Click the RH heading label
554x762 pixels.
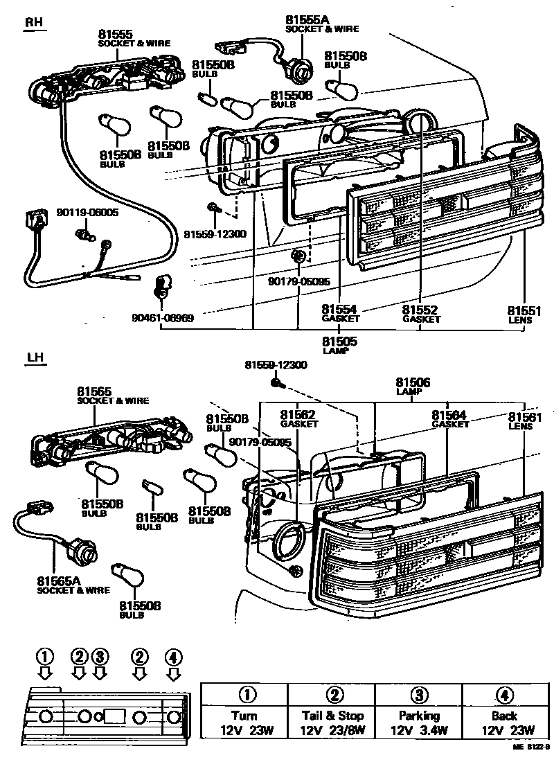(x=34, y=22)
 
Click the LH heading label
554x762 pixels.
(x=34, y=358)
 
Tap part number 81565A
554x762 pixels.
(x=59, y=584)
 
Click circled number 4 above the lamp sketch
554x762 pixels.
(x=173, y=656)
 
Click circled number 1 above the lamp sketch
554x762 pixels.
(x=45, y=656)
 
